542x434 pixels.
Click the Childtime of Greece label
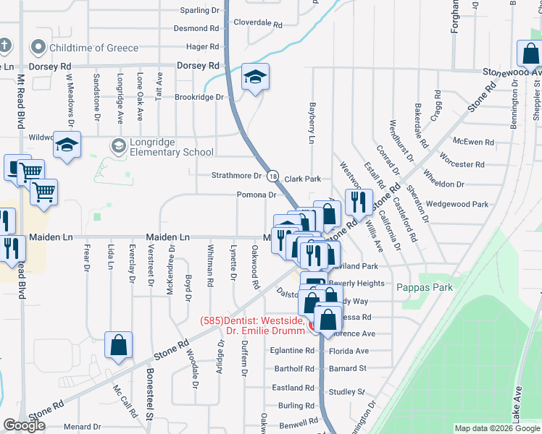93,48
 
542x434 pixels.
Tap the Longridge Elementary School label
172,152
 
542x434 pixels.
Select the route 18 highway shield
272,176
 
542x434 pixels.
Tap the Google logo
24,425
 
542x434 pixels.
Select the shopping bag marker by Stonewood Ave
530,54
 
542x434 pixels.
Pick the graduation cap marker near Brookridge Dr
255,76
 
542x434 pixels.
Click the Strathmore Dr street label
235,176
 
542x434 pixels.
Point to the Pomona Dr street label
257,195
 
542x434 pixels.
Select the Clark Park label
302,179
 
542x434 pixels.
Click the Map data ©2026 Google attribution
496,428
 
